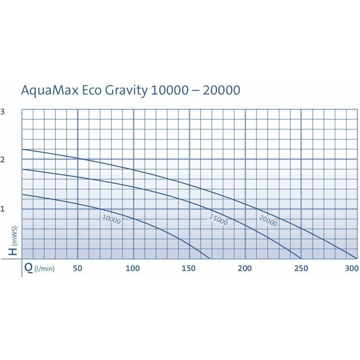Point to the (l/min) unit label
coord(45,269)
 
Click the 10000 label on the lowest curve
coord(111,219)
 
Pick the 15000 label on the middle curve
coord(218,220)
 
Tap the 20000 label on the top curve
coord(268,221)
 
